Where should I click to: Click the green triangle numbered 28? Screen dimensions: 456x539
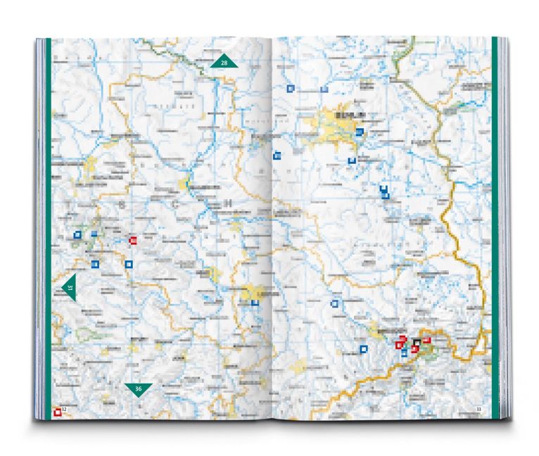click(224, 62)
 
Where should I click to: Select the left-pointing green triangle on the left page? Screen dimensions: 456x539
click(69, 287)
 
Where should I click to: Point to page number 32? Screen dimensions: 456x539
click(63, 409)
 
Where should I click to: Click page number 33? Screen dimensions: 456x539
click(478, 410)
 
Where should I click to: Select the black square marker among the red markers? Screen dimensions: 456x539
click(417, 343)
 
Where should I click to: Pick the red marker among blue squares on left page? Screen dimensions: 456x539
click(132, 241)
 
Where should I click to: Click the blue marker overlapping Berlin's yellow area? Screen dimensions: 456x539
click(359, 132)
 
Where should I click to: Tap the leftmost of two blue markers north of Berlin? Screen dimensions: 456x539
click(290, 89)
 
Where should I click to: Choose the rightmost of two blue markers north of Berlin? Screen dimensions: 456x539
click(324, 89)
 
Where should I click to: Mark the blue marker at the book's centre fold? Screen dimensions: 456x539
click(277, 156)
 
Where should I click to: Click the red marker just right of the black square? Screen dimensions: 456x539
click(426, 341)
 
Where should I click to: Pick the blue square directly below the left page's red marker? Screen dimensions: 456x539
click(128, 264)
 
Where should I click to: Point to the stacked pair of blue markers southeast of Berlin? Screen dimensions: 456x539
click(384, 192)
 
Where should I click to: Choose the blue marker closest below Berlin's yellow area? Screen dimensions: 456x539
click(352, 160)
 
